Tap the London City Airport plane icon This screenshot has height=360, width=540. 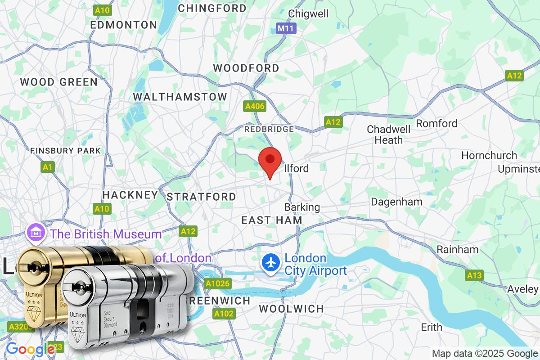(271, 264)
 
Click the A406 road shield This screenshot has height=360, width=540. (255, 107)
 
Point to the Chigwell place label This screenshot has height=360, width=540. (308, 13)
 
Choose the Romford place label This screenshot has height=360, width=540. (436, 123)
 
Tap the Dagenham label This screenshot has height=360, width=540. (396, 202)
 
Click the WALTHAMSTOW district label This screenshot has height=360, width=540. (180, 97)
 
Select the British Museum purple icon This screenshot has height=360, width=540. (35, 233)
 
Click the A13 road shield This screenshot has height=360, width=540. (474, 275)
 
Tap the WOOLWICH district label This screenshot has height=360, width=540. (292, 309)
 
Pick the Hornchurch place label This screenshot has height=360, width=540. (489, 156)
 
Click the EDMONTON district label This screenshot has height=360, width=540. (123, 25)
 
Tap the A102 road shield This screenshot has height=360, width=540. (224, 314)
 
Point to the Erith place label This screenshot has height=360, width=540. (432, 327)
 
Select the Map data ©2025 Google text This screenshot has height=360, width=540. (485, 354)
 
